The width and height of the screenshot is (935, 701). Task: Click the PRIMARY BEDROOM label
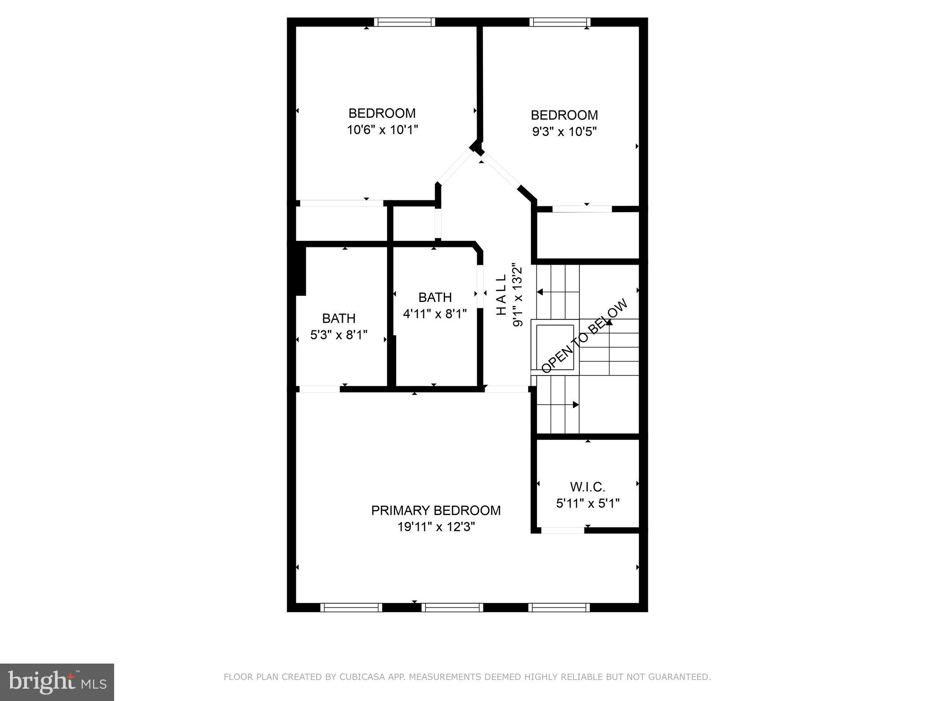(x=436, y=510)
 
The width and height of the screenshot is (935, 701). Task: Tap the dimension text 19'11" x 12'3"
(x=436, y=527)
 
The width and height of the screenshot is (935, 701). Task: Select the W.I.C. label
(x=588, y=487)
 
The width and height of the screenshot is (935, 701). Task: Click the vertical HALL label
(x=501, y=294)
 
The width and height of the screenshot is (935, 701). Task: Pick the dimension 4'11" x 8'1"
(x=435, y=314)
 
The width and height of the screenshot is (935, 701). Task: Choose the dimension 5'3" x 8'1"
(x=339, y=335)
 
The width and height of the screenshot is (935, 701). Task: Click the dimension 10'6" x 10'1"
(x=382, y=130)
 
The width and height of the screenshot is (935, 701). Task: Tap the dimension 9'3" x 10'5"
(x=564, y=132)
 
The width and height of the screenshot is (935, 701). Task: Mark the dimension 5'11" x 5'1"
(x=588, y=503)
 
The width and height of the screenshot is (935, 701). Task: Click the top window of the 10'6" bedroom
(x=404, y=22)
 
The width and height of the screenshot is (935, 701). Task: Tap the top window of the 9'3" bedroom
(x=560, y=22)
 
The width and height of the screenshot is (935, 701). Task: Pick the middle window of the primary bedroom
(x=452, y=607)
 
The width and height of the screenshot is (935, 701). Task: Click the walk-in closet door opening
(x=562, y=530)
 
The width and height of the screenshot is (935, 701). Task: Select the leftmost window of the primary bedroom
(x=351, y=607)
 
